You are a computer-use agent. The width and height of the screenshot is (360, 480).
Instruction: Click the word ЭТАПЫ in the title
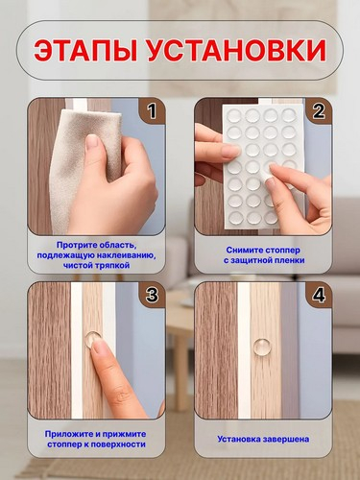pos(85,51)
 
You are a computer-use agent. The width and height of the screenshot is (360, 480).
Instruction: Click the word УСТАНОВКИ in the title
pos(236,51)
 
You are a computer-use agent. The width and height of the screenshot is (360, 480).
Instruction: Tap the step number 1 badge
pos(152,110)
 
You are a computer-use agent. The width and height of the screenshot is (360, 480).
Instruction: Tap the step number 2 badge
pos(319,110)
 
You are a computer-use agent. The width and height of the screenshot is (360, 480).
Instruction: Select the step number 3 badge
pos(152,295)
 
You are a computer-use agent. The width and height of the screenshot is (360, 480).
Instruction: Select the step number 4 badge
pos(319,295)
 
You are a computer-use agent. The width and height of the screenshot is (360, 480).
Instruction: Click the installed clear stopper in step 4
pos(263,348)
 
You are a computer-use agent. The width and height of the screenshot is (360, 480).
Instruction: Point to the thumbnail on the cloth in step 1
pos(93,142)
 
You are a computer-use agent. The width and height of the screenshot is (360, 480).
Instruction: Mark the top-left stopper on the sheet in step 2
pos(234,115)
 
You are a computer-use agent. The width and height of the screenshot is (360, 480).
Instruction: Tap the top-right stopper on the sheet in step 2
pos(289,114)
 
